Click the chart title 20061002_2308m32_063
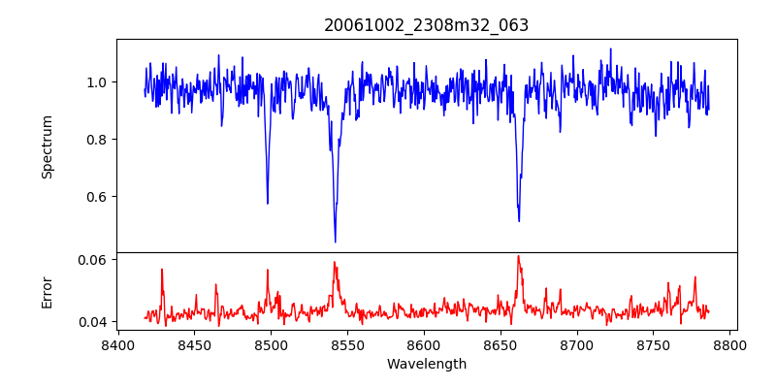click(x=426, y=25)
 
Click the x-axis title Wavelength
click(x=426, y=365)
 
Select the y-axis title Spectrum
click(x=47, y=146)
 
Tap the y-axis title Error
click(x=47, y=292)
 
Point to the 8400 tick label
click(x=117, y=343)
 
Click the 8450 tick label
click(x=194, y=343)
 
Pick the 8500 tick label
click(x=271, y=343)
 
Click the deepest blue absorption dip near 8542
click(x=336, y=242)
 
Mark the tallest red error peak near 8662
click(x=518, y=256)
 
